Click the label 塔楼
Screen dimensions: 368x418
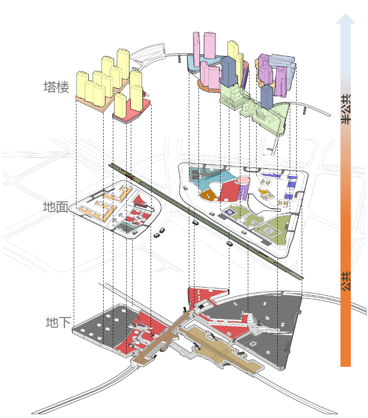click(x=56, y=87)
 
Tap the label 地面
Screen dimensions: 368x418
click(x=56, y=206)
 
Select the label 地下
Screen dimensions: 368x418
click(x=58, y=322)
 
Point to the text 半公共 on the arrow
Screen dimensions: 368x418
click(x=346, y=109)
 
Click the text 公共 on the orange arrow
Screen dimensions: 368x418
click(x=346, y=281)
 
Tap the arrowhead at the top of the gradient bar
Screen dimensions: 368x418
click(x=345, y=19)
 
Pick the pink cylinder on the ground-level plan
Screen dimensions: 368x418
click(x=243, y=181)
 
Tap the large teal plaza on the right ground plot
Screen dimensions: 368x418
click(x=213, y=177)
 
